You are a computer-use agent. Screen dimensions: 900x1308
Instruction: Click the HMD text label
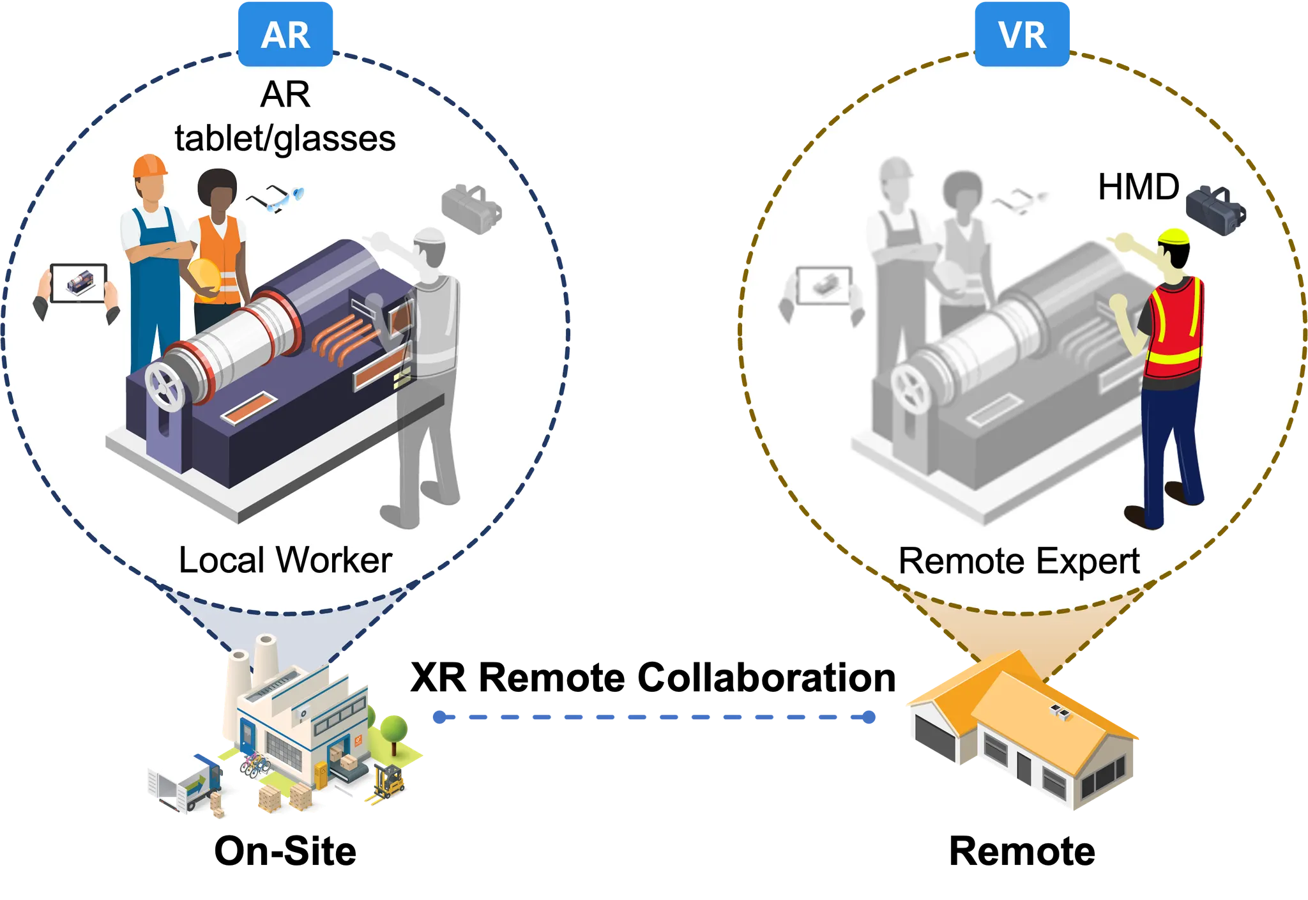coord(1138,188)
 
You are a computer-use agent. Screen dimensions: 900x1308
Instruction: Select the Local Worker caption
coord(285,560)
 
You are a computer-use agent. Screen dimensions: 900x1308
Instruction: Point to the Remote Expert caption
coord(1019,561)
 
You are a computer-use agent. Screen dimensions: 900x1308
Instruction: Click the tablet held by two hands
coord(79,283)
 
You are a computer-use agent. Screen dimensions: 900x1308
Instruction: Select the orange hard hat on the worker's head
coord(149,166)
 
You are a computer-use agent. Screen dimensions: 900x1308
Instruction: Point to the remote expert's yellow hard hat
coord(1174,236)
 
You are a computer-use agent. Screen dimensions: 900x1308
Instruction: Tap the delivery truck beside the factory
coord(185,782)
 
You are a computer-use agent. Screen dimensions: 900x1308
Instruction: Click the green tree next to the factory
coord(394,728)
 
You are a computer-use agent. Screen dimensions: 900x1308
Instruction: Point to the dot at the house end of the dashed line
coord(869,717)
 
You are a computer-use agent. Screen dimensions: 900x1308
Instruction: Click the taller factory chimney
coord(264,658)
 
